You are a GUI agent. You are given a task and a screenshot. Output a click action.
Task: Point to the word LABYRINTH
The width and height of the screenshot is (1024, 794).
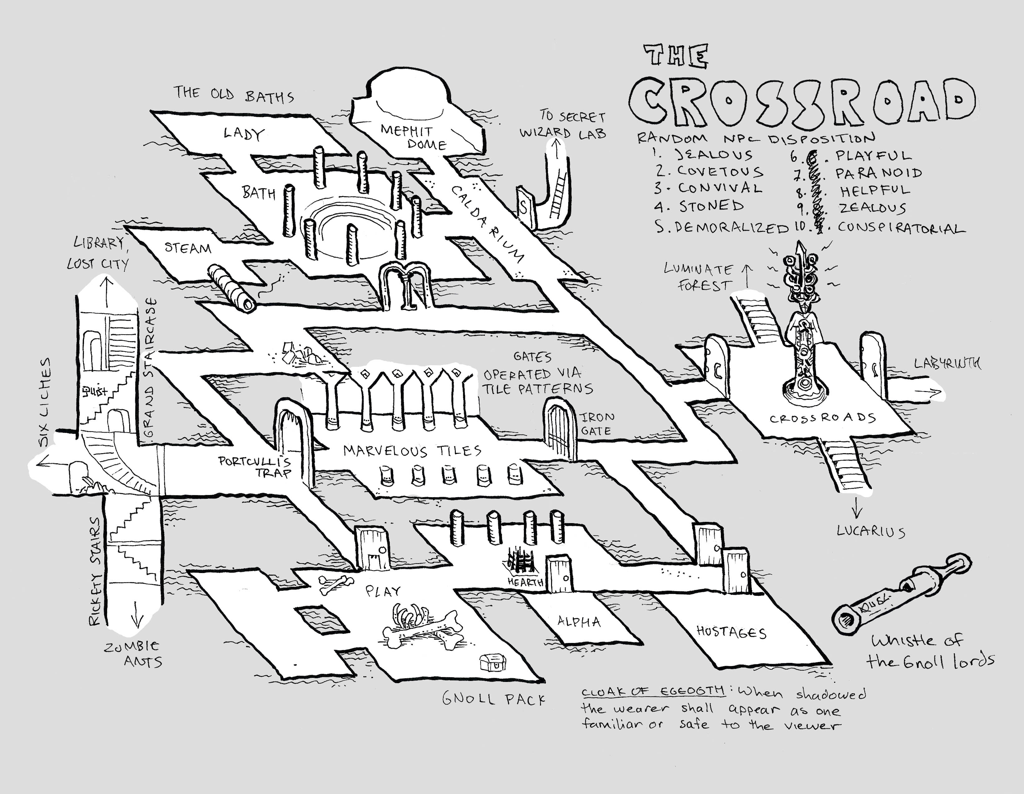coord(947,363)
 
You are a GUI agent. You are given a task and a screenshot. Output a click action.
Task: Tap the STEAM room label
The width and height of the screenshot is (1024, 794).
coord(188,248)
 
